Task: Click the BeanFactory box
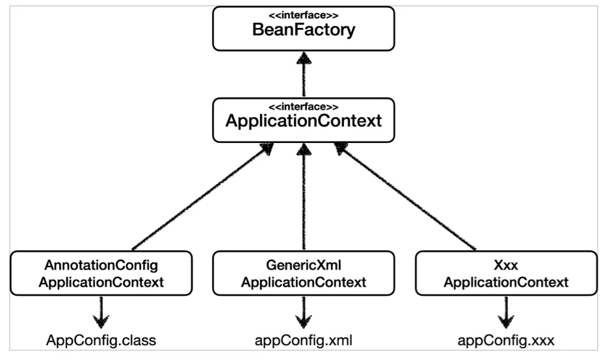pos(303,29)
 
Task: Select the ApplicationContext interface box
pos(303,120)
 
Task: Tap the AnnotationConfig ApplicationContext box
pos(101,274)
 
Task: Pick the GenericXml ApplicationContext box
pos(303,274)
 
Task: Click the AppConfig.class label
pos(101,341)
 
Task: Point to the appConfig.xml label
pos(303,341)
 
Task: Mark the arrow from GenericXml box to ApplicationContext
pos(303,198)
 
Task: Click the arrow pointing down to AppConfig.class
pos(101,312)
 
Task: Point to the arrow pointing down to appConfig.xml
pos(303,312)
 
